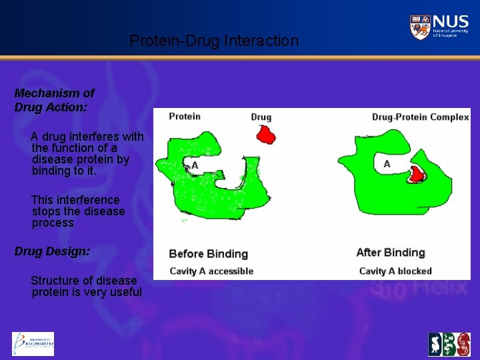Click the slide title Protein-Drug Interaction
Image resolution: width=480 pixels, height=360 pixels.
pos(214,41)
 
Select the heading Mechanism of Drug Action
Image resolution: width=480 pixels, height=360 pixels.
pos(54,100)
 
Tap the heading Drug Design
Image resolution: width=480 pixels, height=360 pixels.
pos(52,252)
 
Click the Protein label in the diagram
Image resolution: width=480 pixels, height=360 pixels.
pos(185,117)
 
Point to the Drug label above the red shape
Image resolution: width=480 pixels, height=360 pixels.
pos(261,117)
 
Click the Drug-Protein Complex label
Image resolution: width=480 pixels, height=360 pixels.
pos(420,117)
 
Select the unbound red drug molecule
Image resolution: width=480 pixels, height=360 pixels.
pos(267,135)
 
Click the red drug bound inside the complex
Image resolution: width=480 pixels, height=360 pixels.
pos(417,175)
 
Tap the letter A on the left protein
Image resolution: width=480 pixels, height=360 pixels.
pos(195,165)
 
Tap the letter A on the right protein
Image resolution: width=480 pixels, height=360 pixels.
pos(387,164)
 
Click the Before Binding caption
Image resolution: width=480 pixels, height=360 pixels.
pos(208,254)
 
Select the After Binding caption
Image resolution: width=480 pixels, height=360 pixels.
pos(390,253)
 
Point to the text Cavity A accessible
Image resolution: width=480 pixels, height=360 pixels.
pos(211,271)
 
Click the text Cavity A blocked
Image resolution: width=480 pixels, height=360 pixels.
pos(395,271)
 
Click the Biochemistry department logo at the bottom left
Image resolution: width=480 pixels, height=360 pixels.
pos(33,343)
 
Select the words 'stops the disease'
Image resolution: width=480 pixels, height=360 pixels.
pos(78,211)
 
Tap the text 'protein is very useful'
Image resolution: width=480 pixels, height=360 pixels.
pos(87,292)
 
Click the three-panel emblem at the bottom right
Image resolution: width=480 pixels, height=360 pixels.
pos(449,345)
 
